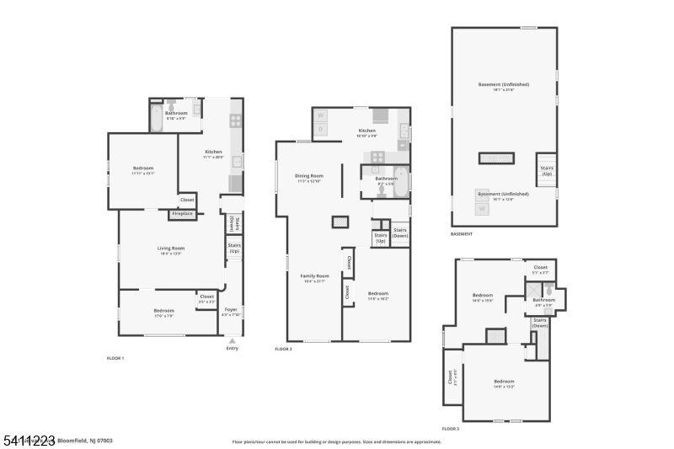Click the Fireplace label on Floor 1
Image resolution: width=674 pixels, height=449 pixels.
click(183, 214)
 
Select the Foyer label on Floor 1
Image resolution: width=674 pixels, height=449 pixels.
click(231, 312)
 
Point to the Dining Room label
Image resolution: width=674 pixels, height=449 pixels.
click(310, 177)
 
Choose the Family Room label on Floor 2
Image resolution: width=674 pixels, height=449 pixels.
click(314, 277)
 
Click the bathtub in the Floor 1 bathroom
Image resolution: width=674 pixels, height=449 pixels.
click(158, 118)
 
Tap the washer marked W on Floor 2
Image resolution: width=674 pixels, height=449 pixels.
click(320, 115)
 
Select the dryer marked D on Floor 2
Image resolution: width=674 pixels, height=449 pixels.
click(320, 130)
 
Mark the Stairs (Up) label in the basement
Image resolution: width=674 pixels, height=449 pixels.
click(547, 171)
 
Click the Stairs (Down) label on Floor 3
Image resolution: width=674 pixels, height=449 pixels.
click(541, 322)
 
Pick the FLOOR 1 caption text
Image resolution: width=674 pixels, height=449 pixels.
click(115, 359)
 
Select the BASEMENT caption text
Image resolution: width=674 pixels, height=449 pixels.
click(462, 234)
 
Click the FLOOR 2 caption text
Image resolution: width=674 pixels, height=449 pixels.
click(283, 349)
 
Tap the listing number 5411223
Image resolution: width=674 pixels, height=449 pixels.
click(29, 440)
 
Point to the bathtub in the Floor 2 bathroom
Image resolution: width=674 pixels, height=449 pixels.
click(400, 181)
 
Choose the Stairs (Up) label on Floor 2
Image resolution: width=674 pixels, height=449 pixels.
click(380, 238)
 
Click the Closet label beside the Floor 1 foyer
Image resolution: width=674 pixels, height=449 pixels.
click(206, 297)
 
